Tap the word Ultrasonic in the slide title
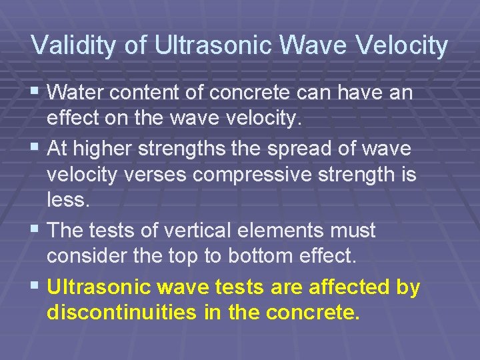(211, 45)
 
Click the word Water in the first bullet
(73, 93)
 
